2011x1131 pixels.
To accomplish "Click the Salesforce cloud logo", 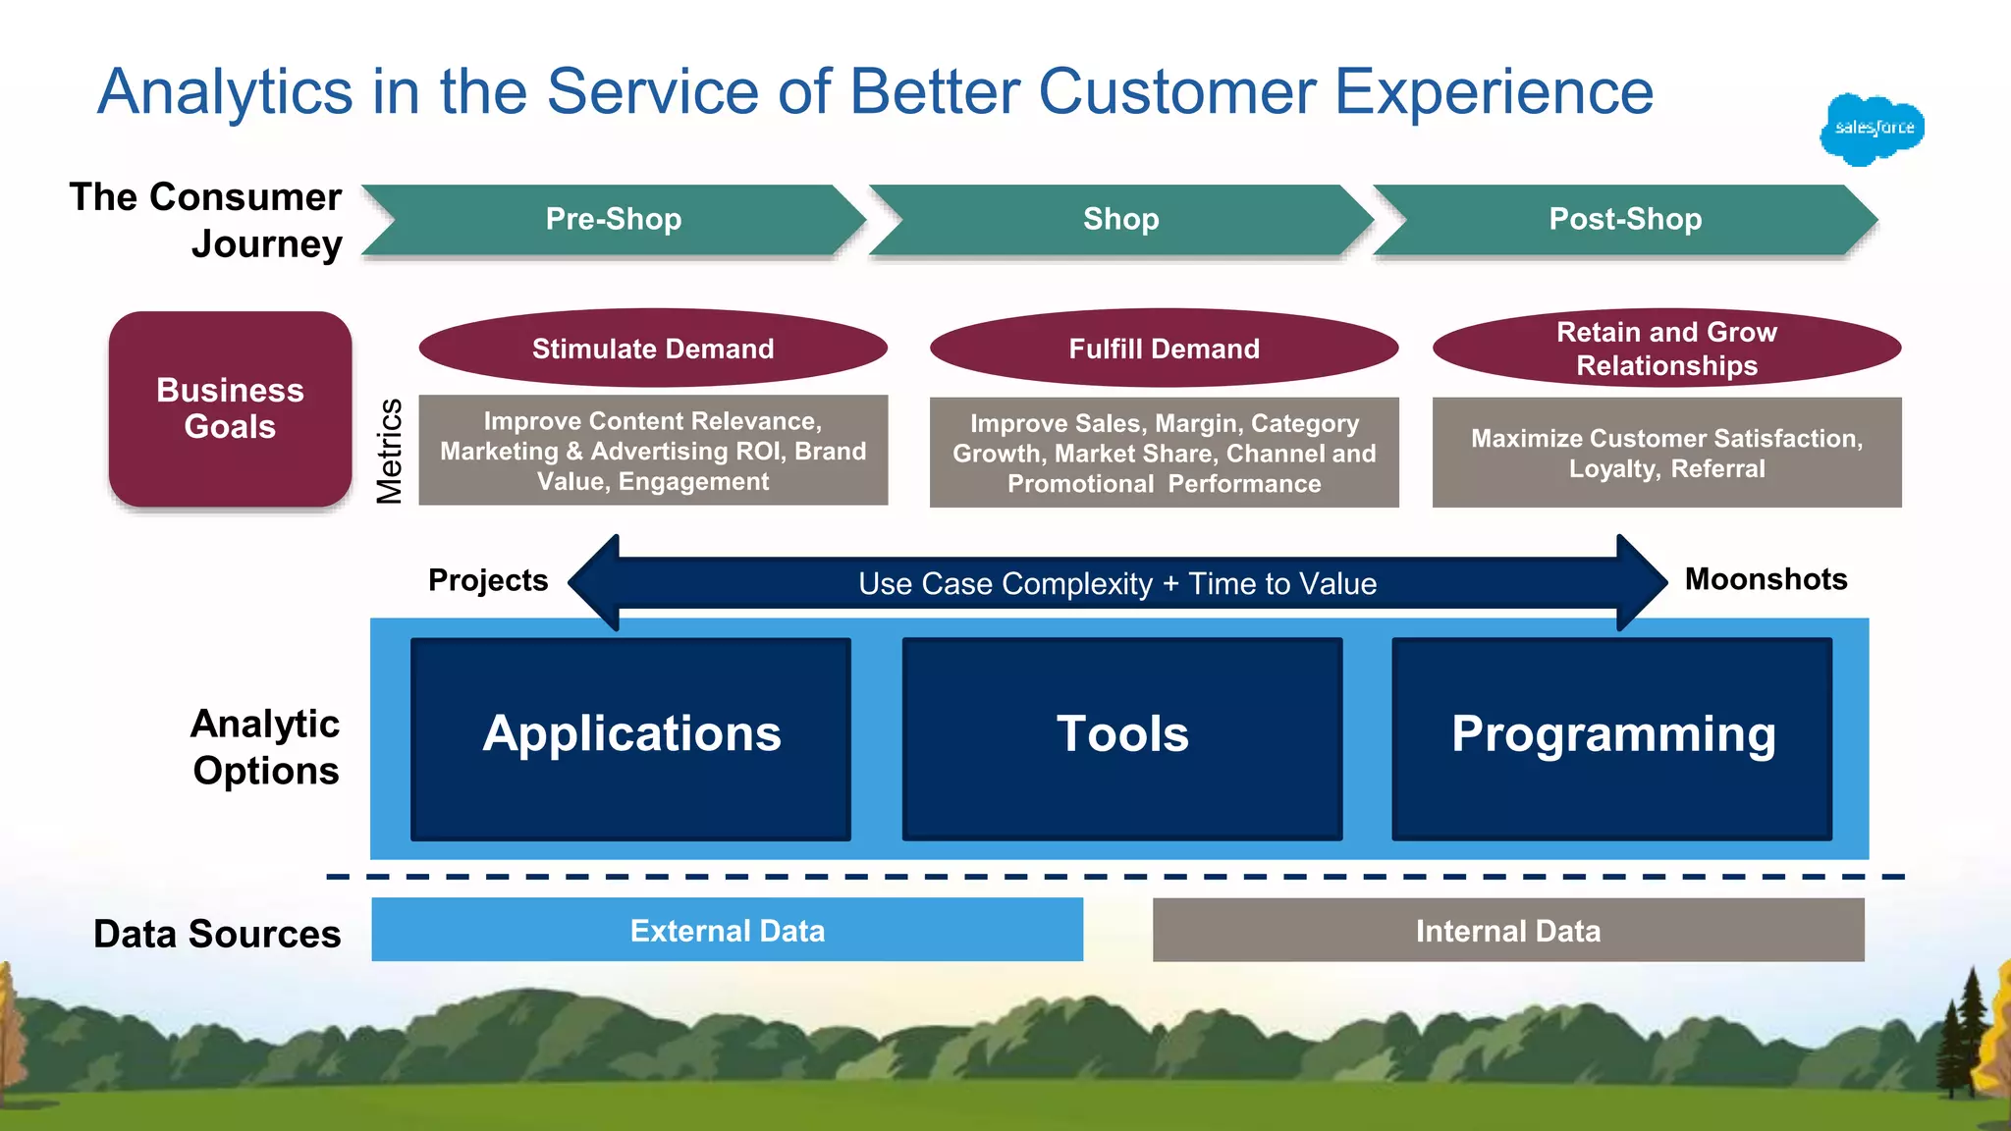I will [x=1872, y=130].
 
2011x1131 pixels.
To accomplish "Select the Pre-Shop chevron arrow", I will [x=614, y=219].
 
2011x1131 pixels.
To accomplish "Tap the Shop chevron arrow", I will [x=1120, y=219].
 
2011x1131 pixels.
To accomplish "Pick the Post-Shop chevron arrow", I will [x=1625, y=219].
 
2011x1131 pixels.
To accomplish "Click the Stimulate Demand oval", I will [x=653, y=349].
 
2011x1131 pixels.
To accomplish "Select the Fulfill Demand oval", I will [x=1164, y=349].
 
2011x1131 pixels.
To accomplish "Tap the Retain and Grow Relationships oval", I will [x=1666, y=349].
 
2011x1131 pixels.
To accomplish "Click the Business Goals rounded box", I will [x=230, y=409].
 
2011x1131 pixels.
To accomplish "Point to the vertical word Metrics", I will [x=390, y=451].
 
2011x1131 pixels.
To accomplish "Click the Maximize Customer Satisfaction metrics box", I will [x=1666, y=453].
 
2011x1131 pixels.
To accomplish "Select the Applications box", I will [x=630, y=738].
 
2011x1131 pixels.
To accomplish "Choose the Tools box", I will [x=1121, y=738].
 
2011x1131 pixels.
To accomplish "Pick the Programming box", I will [x=1612, y=738].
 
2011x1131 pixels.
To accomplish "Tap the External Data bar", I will [x=727, y=930].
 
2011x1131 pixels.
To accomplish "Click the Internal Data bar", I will [x=1508, y=930].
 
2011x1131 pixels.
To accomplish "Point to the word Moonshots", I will [x=1766, y=579].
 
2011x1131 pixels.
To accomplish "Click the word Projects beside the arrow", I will [x=488, y=580].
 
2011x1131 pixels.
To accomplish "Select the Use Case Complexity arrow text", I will [x=1117, y=583].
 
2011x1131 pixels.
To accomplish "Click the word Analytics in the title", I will [x=225, y=92].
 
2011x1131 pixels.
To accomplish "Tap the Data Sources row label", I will [x=217, y=934].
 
